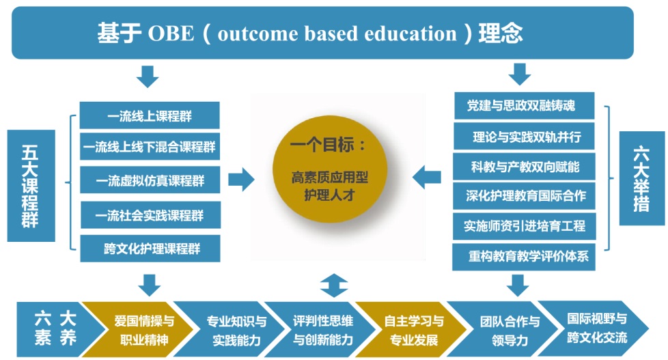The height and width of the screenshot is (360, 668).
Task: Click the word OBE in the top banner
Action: pos(171,33)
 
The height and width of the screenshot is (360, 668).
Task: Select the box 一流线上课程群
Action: pos(150,115)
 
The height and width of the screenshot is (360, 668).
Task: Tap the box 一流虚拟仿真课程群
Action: pos(150,180)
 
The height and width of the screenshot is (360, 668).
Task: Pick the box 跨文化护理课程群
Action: pos(150,249)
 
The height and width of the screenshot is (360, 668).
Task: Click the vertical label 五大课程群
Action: pos(31,186)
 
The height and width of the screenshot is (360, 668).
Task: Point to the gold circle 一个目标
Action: pos(330,169)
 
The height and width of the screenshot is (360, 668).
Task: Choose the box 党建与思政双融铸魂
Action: pos(524,106)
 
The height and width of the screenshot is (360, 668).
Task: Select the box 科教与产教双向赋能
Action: pos(524,167)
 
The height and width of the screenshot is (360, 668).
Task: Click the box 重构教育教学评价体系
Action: pos(524,257)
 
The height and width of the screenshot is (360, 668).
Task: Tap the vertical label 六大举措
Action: pos(641,178)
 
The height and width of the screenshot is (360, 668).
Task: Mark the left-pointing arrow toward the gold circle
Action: pos(427,177)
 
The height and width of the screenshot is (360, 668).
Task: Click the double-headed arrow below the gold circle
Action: pos(334,286)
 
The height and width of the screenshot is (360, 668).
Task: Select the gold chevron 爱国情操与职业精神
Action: pos(140,329)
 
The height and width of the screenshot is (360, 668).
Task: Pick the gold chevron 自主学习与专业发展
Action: pos(411,329)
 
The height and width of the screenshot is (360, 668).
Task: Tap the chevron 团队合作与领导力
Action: pos(505,329)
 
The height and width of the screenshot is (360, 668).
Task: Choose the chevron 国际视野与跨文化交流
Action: pos(594,329)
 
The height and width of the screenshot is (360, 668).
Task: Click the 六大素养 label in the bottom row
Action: pos(55,329)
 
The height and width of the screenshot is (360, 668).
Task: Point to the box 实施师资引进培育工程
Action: pos(524,226)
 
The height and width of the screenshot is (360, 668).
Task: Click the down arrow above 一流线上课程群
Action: pos(148,77)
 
